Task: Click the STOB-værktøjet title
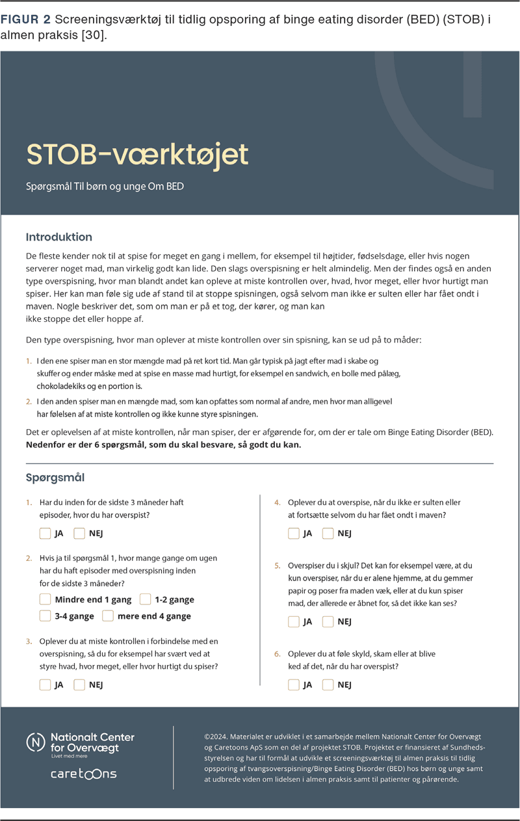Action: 137,155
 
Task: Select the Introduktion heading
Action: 58,237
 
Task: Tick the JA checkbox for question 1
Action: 45,534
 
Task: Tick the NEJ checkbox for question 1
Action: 79,534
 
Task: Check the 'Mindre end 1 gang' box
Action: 45,599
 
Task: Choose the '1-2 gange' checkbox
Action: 145,599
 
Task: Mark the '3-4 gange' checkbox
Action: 45,616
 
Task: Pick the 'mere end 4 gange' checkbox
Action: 108,616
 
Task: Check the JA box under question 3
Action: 45,684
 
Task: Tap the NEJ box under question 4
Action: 328,534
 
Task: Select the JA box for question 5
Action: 294,621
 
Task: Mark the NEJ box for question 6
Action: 328,684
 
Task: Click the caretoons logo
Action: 84,774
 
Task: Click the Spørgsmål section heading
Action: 55,478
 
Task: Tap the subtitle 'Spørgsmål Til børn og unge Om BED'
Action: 105,187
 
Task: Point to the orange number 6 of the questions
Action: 277,654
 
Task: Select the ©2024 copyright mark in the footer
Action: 215,736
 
